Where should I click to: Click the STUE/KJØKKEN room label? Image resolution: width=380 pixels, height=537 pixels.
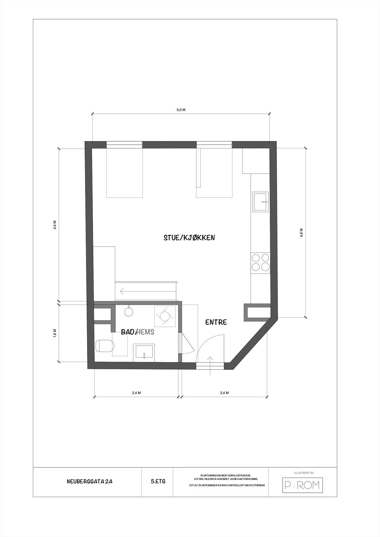tap(189, 238)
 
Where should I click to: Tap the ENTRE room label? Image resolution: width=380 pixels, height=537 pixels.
tap(216, 322)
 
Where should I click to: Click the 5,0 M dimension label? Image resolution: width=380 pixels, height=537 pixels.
tap(181, 110)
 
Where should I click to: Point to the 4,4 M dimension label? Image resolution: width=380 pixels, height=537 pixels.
tap(55, 225)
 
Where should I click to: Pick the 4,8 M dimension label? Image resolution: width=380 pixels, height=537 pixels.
tap(301, 233)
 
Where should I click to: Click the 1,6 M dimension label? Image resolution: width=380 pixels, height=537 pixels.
tap(55, 333)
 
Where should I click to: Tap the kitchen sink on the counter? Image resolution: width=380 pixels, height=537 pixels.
tap(261, 202)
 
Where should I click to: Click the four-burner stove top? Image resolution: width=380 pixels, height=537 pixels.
tap(261, 262)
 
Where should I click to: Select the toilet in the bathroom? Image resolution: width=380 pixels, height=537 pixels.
tap(105, 346)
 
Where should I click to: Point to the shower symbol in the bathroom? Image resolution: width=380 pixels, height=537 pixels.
tap(165, 316)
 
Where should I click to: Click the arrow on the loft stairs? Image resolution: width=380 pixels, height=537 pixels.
tap(127, 291)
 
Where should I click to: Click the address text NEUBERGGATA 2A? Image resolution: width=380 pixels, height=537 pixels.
tap(89, 481)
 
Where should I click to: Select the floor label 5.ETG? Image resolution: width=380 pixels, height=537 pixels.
tap(158, 481)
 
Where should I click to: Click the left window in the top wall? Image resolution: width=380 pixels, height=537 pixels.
tap(124, 145)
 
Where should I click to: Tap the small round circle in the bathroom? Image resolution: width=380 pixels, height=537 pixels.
tap(129, 312)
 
